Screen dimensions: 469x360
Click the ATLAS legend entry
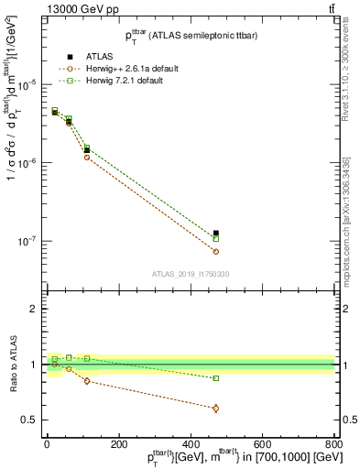pyautogui.click(x=90, y=57)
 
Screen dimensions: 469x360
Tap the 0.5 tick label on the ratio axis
pyautogui.click(x=32, y=420)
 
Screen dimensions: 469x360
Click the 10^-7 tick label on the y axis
pyautogui.click(x=30, y=242)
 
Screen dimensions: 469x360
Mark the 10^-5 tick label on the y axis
pyautogui.click(x=30, y=84)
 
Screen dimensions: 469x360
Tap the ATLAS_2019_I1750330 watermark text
pyautogui.click(x=190, y=274)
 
